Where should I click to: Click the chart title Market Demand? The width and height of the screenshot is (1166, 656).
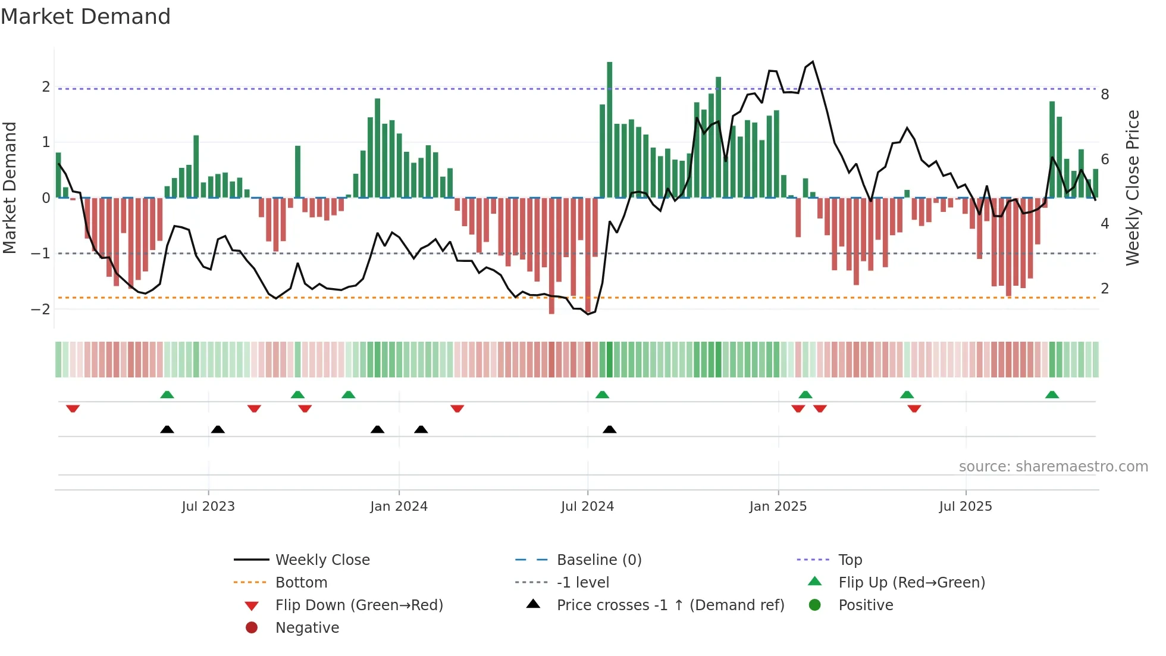(86, 17)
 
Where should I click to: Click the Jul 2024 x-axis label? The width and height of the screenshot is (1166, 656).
(587, 507)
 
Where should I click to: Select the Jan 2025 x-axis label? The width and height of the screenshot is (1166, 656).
(778, 507)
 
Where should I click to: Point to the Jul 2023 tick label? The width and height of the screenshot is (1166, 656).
(208, 507)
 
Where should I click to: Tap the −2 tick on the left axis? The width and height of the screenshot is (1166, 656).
(41, 309)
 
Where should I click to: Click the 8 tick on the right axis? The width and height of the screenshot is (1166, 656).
(1105, 95)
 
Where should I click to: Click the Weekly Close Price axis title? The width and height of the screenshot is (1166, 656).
(1132, 188)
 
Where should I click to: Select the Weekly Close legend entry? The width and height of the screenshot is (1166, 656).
(322, 560)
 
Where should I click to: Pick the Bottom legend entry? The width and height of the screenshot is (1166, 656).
(301, 583)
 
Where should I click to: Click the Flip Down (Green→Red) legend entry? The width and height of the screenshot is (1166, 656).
(359, 605)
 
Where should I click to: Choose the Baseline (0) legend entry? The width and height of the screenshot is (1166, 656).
(598, 560)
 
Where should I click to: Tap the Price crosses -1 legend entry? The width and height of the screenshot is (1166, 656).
(670, 605)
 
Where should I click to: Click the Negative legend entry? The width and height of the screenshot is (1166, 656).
(307, 628)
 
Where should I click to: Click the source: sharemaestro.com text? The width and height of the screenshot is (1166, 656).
(1053, 467)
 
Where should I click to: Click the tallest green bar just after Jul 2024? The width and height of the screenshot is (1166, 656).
(609, 128)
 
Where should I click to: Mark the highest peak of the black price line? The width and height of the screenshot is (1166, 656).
(813, 61)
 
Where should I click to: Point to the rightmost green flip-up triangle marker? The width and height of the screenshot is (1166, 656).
(1052, 395)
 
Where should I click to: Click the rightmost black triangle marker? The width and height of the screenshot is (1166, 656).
(609, 429)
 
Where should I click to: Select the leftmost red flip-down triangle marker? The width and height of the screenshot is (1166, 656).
(73, 408)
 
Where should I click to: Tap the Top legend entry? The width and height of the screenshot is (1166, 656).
(850, 560)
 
